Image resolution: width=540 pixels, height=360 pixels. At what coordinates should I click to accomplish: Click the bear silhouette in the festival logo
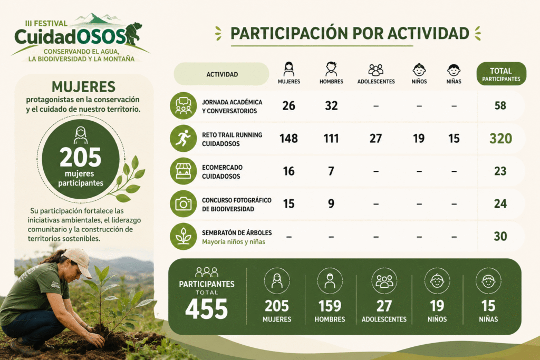(133, 34)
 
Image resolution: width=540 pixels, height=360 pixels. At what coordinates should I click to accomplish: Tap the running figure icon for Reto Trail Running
(183, 138)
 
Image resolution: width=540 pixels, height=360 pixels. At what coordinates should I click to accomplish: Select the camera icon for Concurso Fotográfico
(183, 204)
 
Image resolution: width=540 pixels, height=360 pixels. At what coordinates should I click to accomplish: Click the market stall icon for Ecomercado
(183, 171)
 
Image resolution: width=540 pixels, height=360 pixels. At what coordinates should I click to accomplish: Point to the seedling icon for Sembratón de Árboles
(183, 237)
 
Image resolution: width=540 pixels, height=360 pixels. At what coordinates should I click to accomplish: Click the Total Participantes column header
(501, 74)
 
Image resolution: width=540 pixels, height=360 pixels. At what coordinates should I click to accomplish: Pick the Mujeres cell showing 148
(288, 138)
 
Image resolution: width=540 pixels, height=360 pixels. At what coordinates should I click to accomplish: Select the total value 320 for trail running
(501, 138)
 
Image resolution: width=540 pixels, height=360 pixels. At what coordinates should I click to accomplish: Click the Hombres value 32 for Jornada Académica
(331, 105)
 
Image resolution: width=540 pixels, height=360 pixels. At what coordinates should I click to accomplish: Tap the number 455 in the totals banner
(207, 309)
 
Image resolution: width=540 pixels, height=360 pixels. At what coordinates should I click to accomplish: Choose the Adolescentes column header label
(376, 82)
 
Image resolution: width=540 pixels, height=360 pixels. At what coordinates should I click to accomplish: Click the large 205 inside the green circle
(81, 158)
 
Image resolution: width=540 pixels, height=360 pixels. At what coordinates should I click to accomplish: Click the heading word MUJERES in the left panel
(83, 87)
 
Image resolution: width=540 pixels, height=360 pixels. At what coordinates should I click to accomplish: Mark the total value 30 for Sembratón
(500, 237)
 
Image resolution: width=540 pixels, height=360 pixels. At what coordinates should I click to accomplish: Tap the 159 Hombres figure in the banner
(330, 306)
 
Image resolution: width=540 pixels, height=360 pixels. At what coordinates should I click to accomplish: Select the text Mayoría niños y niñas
(234, 242)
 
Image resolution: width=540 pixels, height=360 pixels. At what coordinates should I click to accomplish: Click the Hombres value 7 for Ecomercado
(331, 171)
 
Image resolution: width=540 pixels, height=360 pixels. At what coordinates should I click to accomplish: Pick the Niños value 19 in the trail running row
(419, 138)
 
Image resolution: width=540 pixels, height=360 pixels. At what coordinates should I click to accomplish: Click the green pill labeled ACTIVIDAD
(221, 74)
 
